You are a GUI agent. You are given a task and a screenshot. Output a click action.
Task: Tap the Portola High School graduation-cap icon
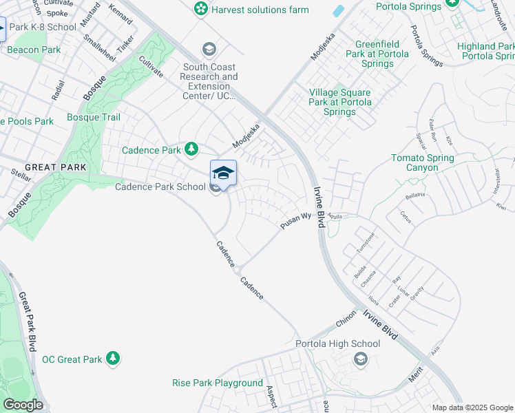click(360, 359)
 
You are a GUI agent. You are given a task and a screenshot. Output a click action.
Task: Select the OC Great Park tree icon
click(114, 359)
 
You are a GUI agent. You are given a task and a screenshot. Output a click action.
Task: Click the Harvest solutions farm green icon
click(201, 10)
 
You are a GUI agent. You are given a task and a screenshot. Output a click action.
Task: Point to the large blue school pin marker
click(223, 173)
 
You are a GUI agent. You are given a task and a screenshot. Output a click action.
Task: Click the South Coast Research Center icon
click(209, 50)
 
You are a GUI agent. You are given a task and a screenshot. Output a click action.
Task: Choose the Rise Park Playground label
click(218, 383)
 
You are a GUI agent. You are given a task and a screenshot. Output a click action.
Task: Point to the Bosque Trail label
click(94, 117)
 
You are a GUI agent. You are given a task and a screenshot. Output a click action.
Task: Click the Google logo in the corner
click(23, 405)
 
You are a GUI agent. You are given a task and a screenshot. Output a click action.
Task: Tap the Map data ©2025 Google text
click(472, 407)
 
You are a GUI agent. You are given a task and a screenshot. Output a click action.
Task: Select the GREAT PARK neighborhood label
click(55, 167)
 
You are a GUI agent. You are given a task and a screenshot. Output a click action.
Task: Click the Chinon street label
click(346, 323)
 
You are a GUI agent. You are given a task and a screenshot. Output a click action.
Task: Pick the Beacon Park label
click(34, 50)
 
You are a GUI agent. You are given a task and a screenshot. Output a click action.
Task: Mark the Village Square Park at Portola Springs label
click(340, 102)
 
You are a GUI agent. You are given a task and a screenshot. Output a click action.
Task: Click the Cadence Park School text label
click(160, 187)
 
